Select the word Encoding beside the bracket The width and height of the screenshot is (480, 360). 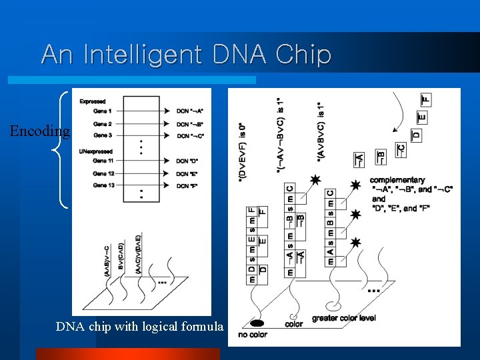[39, 131]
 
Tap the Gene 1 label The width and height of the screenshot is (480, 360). [102, 111]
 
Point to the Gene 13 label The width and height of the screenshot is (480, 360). [103, 185]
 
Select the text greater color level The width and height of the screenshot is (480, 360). [343, 318]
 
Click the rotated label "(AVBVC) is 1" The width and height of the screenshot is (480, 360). [321, 130]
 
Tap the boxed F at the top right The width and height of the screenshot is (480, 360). [427, 99]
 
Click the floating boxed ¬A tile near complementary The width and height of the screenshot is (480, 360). [359, 159]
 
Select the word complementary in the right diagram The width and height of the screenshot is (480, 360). [397, 180]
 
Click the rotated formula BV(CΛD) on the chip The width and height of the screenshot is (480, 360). [120, 253]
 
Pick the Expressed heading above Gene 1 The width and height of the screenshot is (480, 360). [92, 101]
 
